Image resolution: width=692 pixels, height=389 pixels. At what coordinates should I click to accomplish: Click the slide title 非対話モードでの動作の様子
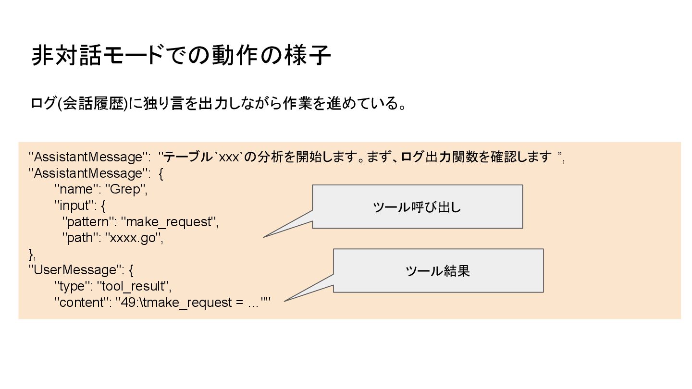(x=181, y=56)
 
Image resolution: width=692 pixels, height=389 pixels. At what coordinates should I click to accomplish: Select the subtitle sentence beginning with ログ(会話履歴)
(x=218, y=104)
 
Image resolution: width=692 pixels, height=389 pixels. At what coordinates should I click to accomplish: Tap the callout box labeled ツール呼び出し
(x=417, y=207)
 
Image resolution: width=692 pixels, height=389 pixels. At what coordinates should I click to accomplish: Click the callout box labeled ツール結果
(x=438, y=271)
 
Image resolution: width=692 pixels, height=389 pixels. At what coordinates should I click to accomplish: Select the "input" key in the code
(x=74, y=206)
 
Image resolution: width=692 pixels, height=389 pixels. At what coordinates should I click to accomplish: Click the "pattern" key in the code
(x=89, y=222)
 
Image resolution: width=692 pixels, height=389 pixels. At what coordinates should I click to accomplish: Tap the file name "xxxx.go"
(x=134, y=238)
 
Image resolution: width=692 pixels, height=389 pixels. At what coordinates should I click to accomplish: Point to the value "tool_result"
(x=134, y=287)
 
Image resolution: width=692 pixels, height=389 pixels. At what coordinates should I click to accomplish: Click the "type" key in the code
(x=72, y=287)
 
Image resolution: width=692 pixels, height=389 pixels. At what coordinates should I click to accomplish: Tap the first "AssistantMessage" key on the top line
(x=88, y=157)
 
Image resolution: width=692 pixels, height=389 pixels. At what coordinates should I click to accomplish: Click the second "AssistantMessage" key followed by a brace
(x=88, y=173)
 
